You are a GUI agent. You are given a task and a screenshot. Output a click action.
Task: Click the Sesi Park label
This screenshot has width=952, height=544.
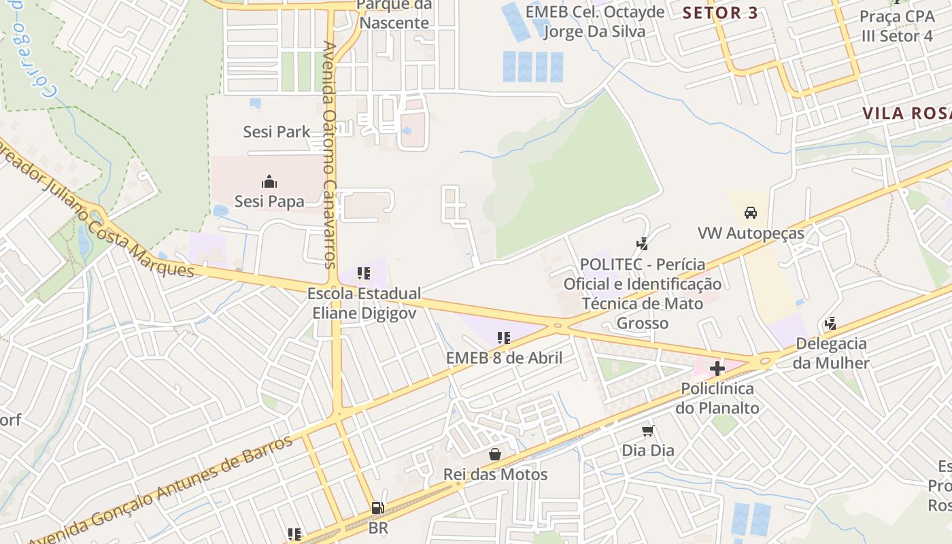click(277, 132)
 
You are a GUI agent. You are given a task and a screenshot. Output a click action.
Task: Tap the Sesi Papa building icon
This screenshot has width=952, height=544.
click(269, 182)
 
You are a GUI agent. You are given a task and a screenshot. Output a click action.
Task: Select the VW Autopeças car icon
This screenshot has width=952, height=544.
click(751, 213)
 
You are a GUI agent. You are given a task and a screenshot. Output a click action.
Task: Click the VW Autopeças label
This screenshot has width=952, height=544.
click(751, 234)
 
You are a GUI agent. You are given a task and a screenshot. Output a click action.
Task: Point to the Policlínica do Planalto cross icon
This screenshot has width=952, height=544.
click(717, 369)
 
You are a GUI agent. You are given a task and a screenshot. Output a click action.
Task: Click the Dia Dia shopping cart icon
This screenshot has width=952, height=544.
click(648, 430)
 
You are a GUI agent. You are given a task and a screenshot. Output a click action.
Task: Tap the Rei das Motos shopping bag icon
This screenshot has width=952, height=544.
click(495, 454)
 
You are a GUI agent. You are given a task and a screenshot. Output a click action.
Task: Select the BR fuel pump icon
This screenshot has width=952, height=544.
click(377, 508)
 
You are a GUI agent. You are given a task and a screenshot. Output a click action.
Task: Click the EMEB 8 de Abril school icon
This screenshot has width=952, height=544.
click(504, 337)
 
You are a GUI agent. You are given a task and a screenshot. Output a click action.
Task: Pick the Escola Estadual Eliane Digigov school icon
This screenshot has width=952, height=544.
click(364, 273)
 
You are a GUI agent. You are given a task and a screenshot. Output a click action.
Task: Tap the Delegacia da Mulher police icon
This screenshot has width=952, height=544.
click(830, 324)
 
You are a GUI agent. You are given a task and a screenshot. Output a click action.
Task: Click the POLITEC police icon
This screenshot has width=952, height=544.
click(642, 243)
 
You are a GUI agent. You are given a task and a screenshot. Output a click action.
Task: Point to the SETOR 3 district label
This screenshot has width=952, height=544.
click(720, 13)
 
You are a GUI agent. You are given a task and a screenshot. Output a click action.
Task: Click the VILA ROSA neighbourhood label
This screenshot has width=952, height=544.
click(906, 114)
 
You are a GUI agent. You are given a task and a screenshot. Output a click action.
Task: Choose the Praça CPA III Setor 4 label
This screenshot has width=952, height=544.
click(897, 26)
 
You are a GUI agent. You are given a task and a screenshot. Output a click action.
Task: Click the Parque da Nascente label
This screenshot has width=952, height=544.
click(394, 14)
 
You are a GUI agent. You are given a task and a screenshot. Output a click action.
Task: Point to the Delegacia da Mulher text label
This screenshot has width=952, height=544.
click(831, 353)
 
